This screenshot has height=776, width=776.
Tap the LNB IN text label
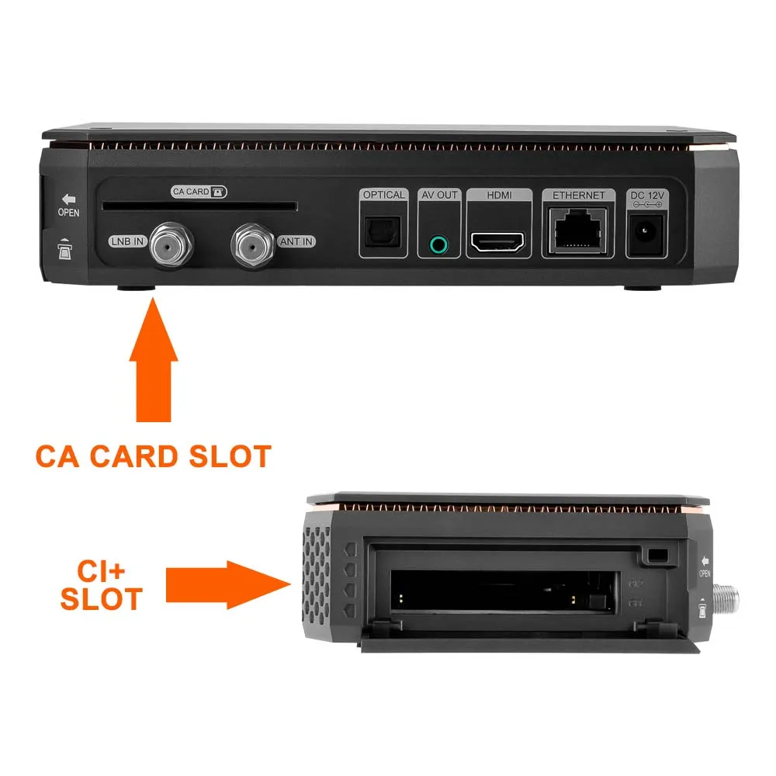click(127, 242)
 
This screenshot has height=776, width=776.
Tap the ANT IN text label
click(296, 242)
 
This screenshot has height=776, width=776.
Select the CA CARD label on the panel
click(199, 191)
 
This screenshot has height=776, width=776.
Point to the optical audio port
click(383, 230)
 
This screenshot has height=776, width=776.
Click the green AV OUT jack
click(439, 245)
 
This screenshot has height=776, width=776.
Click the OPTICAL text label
click(383, 195)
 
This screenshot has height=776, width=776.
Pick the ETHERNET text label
click(578, 195)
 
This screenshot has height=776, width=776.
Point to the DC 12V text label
click(646, 195)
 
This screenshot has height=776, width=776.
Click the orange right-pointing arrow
click(224, 585)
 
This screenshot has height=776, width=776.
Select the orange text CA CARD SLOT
click(153, 456)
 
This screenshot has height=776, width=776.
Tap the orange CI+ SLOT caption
click(102, 585)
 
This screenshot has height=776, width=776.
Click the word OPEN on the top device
click(68, 212)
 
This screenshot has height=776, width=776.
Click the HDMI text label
click(498, 195)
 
